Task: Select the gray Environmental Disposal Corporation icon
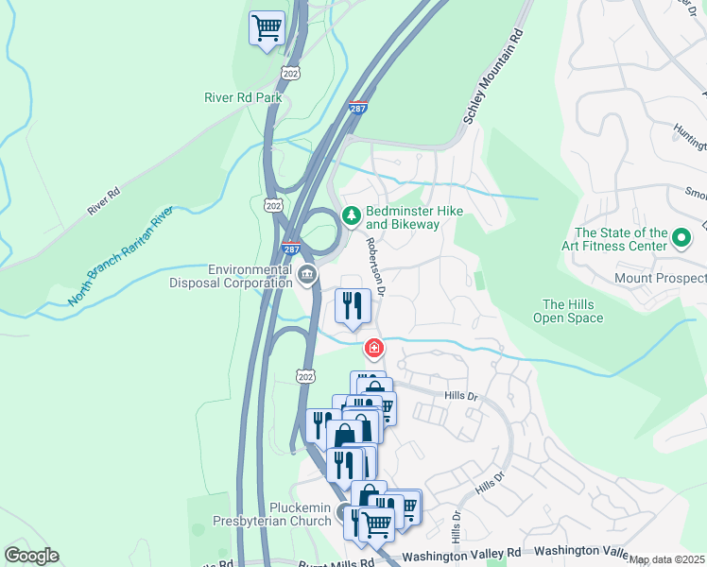(x=307, y=275)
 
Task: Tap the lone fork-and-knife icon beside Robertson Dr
(x=353, y=306)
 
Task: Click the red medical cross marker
(x=375, y=350)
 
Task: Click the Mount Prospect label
(x=659, y=279)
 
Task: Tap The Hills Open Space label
(x=572, y=311)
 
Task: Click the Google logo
(x=31, y=556)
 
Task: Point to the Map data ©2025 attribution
(x=667, y=559)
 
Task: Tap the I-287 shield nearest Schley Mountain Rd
(x=358, y=109)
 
